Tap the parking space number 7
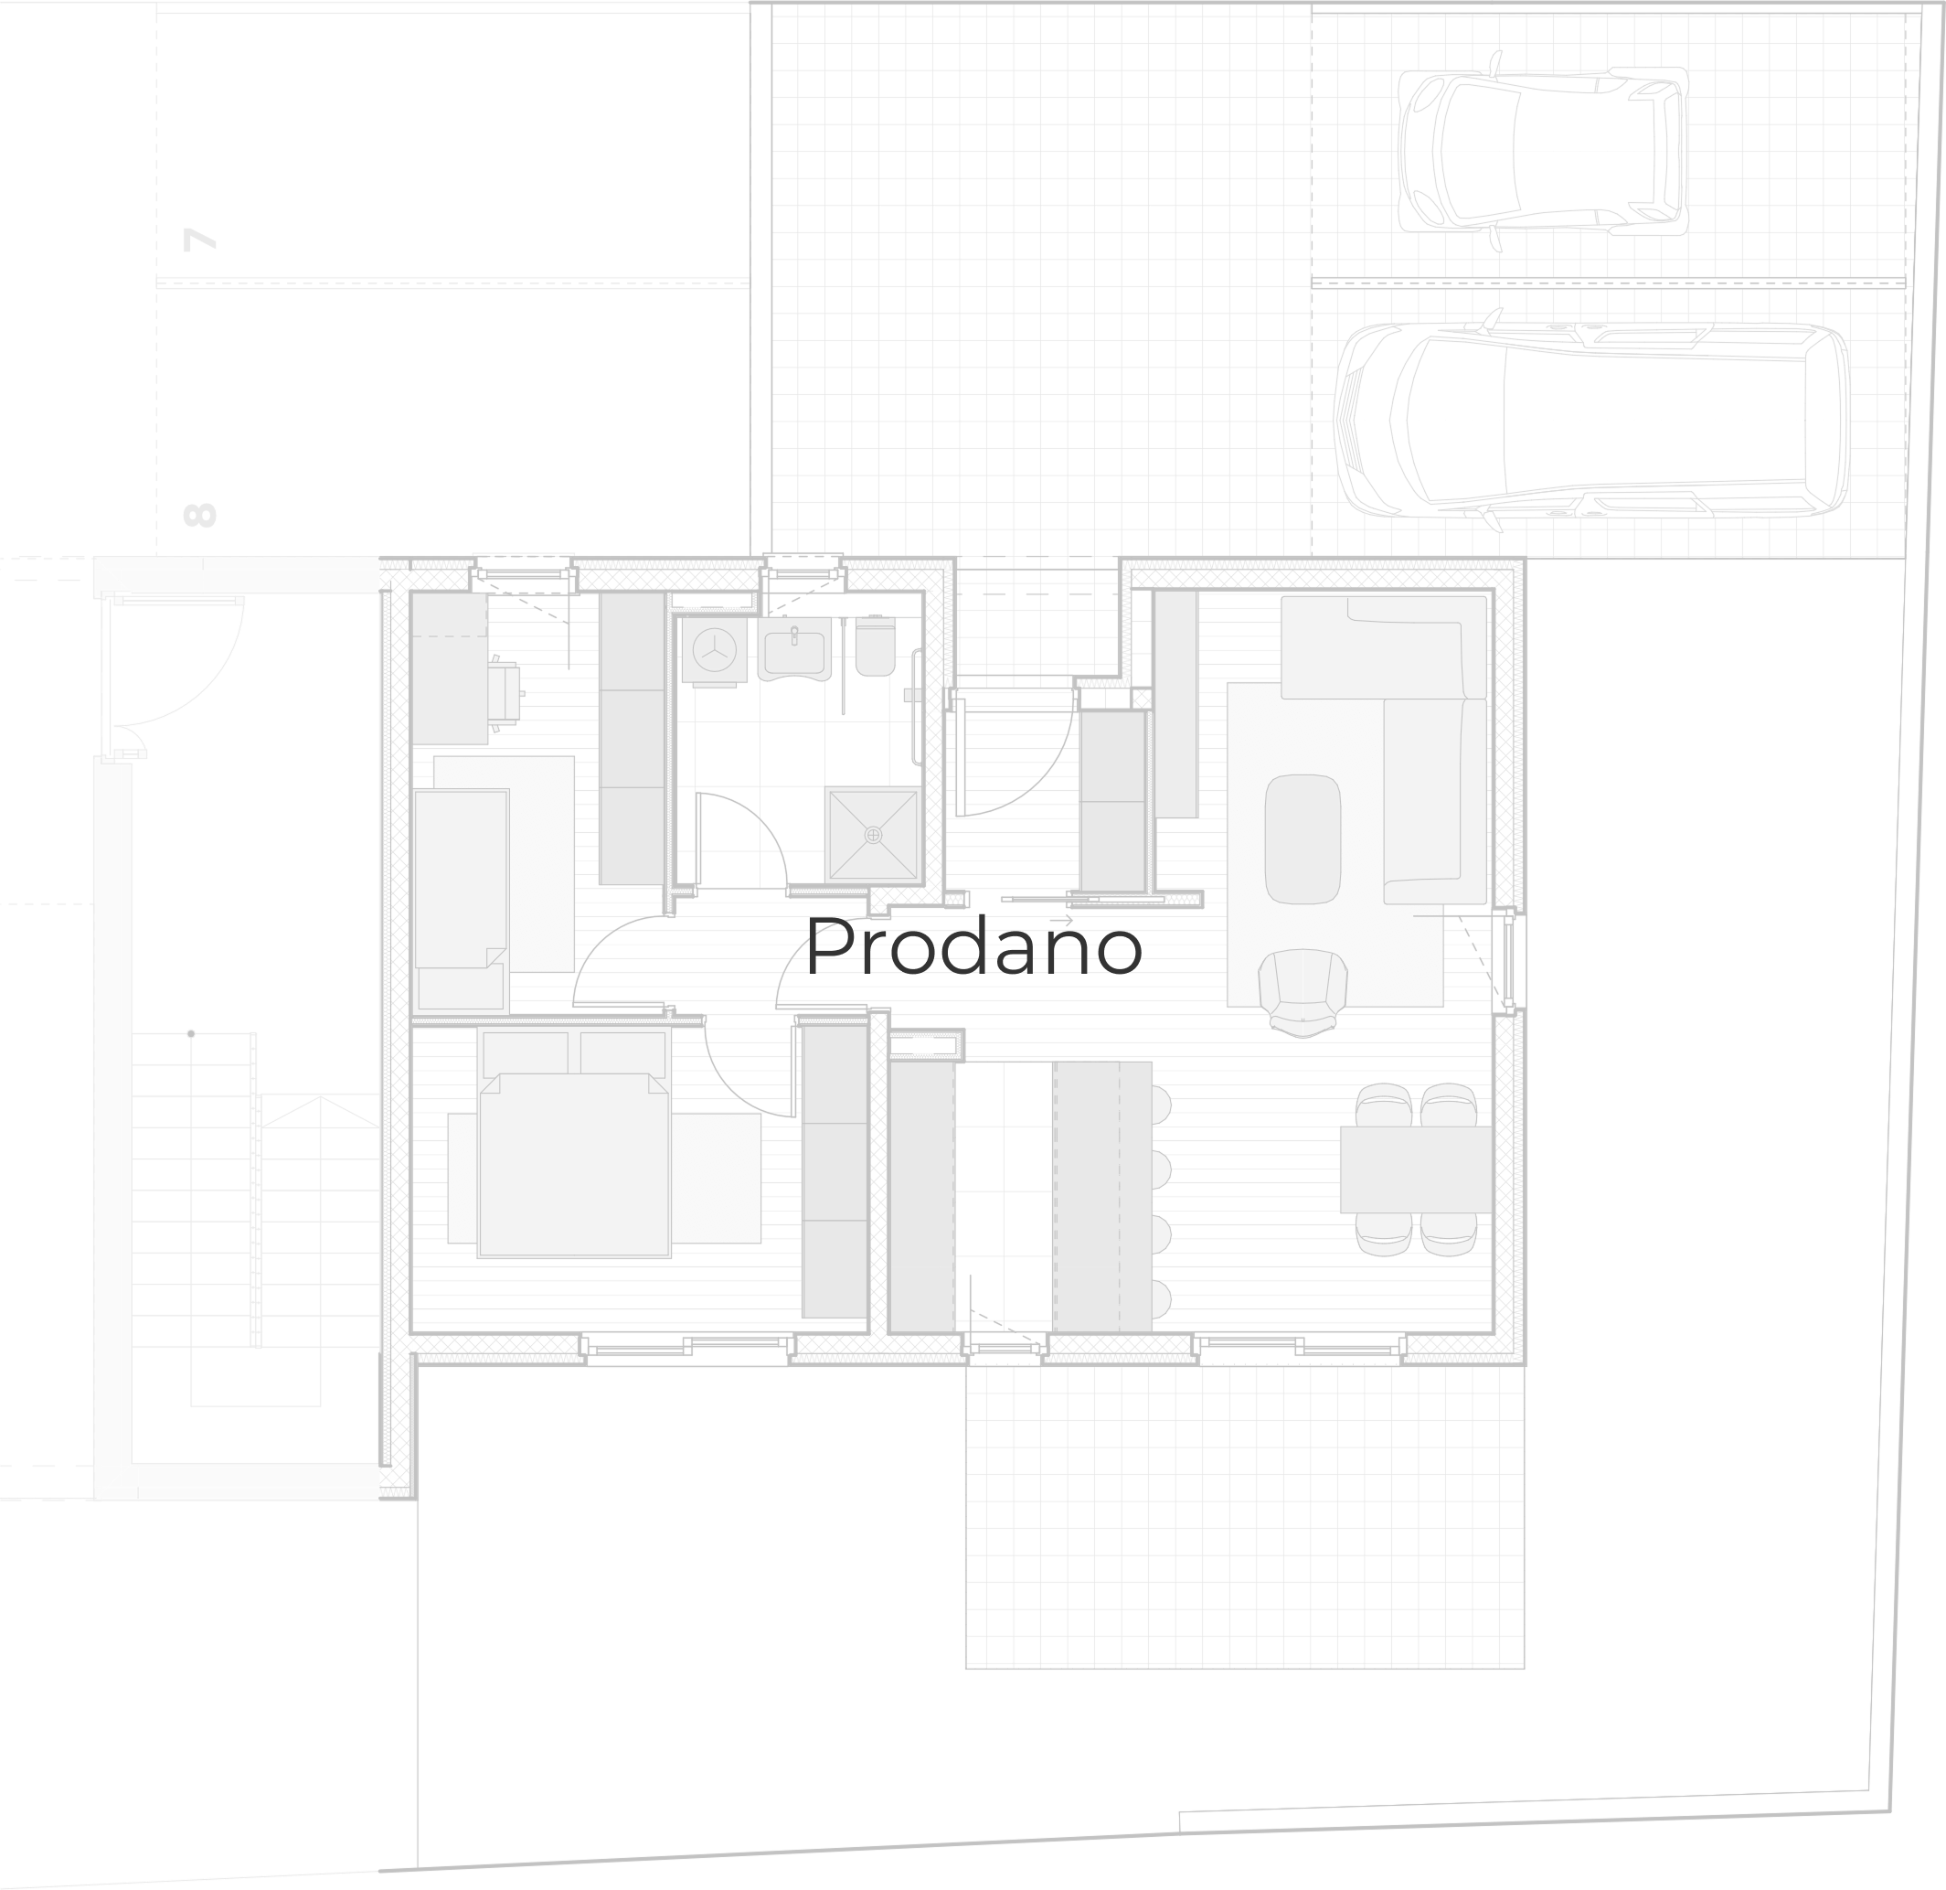tap(199, 240)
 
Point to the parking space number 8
tap(199, 515)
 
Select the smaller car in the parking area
tap(1544, 150)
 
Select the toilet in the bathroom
tap(875, 646)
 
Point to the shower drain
tap(873, 835)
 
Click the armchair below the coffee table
tap(1303, 992)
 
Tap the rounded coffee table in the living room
tap(1303, 839)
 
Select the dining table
tap(1416, 1169)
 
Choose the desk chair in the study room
tap(505, 689)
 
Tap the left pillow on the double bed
tap(526, 1053)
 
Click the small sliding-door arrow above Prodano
tap(1061, 920)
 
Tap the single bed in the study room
tap(462, 879)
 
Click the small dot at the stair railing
tap(191, 1034)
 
